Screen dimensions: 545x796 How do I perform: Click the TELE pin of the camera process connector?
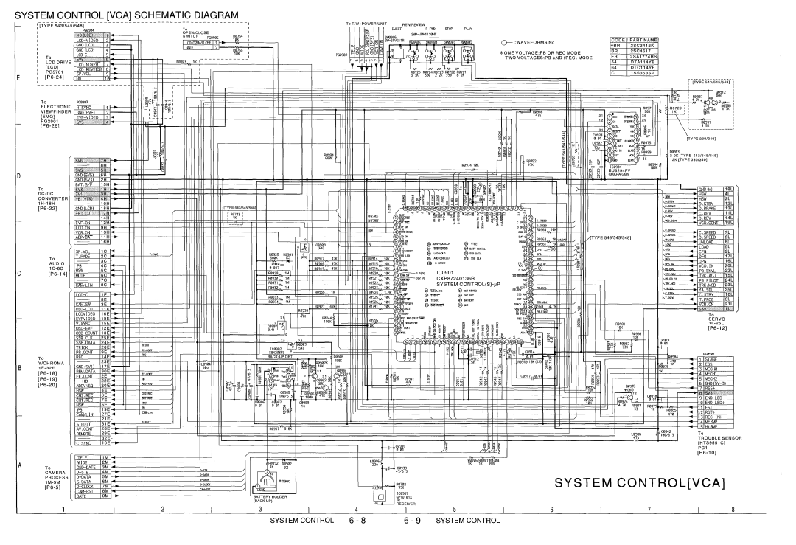[82, 458]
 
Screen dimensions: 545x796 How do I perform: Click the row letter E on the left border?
[7, 76]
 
